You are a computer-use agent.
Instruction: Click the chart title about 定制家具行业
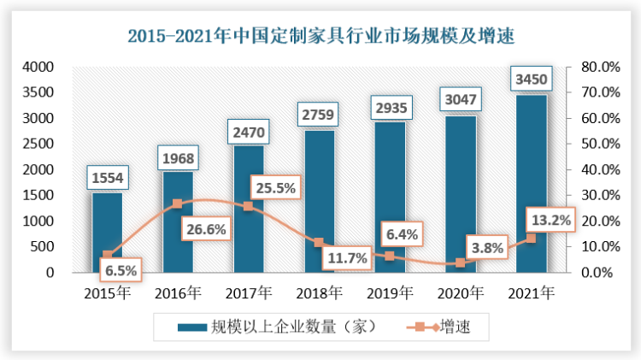(x=320, y=36)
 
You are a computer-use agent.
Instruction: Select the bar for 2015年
(x=108, y=233)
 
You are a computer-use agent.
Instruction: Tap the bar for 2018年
(x=320, y=201)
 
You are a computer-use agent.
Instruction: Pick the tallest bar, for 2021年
(x=532, y=184)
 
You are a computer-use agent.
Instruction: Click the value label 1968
(x=179, y=158)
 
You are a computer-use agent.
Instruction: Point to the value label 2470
(x=249, y=133)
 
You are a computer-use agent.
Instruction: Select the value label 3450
(x=532, y=81)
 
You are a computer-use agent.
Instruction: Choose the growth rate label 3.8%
(x=486, y=249)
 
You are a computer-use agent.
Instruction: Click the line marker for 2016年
(x=178, y=204)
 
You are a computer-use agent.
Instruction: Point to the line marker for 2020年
(x=461, y=263)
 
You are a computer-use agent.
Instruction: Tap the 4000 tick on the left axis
(x=38, y=67)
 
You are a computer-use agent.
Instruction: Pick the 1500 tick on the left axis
(x=38, y=195)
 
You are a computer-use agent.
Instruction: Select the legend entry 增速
(x=454, y=327)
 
